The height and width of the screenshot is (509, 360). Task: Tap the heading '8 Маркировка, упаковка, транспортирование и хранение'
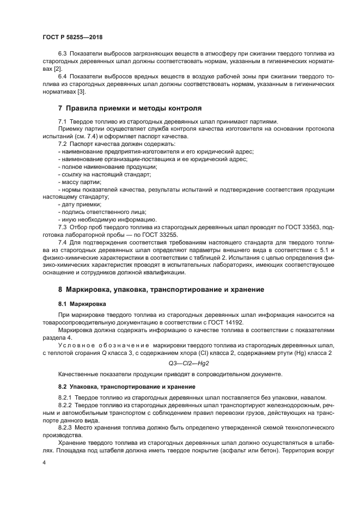coord(161,289)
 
